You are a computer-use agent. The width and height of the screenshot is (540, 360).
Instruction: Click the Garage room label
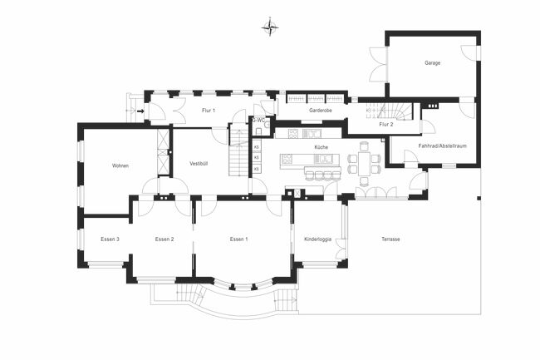coord(432,62)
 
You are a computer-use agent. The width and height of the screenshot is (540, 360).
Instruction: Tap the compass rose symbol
coord(270,27)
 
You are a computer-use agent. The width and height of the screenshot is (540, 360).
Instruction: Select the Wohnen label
coord(120,165)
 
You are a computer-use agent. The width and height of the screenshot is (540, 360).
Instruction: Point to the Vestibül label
coord(199,164)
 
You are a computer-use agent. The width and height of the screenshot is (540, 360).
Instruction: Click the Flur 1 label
coord(209,110)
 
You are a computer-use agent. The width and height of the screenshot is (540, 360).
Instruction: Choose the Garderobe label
coord(321,110)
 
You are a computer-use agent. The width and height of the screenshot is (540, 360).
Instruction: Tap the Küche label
coord(321,147)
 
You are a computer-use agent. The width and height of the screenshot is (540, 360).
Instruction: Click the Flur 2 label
coord(386,125)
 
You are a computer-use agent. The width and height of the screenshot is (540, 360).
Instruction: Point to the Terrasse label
coord(390,239)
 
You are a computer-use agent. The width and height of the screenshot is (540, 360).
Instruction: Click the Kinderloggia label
coord(318,239)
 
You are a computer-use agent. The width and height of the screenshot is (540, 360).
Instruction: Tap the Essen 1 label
coord(239,239)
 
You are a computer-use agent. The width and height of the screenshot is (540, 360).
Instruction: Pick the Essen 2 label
coord(164,239)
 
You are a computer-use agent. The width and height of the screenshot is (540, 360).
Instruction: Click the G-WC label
coord(258,120)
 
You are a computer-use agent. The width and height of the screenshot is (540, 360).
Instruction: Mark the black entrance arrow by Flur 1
coord(140,111)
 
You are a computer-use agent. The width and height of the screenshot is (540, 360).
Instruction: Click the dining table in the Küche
coord(364,159)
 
